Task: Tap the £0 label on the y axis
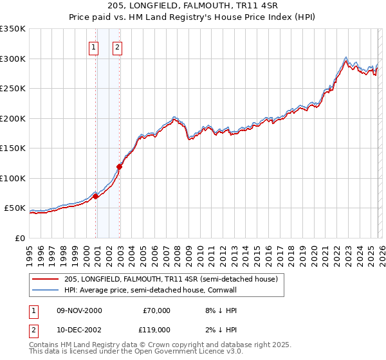pos(19,238)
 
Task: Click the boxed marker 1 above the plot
pos(94,46)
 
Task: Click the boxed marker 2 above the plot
pos(118,46)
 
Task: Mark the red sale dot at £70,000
pos(96,196)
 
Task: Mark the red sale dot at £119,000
pos(120,167)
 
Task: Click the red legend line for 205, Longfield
pos(46,279)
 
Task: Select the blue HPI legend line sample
pos(46,289)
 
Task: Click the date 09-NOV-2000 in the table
pos(80,310)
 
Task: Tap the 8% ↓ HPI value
pos(215,310)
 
